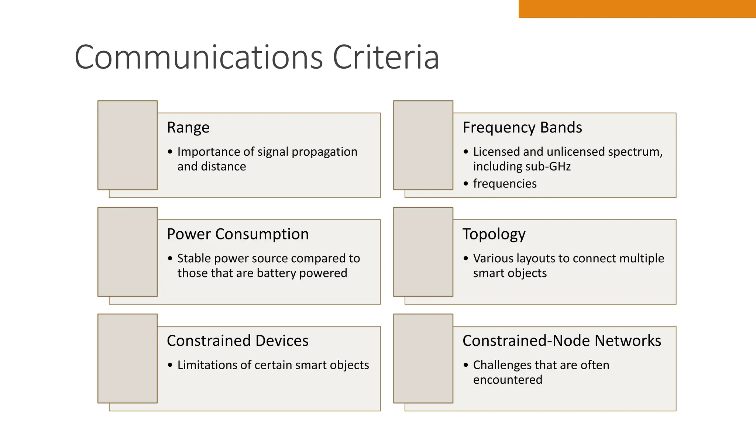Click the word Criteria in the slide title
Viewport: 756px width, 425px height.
point(386,57)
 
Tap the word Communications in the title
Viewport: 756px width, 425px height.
point(199,57)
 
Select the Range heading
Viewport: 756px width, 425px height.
point(188,128)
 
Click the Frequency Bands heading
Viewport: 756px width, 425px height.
point(522,128)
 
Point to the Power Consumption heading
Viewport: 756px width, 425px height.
point(238,234)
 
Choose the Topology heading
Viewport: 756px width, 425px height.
point(494,234)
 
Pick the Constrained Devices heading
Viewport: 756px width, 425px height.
point(238,341)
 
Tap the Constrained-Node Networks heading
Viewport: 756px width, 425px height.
point(561,341)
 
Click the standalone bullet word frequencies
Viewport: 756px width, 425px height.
point(505,184)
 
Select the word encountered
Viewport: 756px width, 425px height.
point(508,380)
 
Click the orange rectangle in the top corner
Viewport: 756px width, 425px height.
point(637,8)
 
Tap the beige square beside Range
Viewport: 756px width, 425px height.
point(127,145)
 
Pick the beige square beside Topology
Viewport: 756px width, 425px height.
point(423,252)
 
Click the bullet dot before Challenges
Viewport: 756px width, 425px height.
point(466,365)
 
